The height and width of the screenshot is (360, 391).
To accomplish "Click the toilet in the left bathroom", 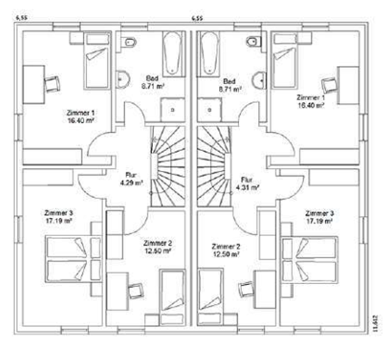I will pyautogui.click(x=129, y=43).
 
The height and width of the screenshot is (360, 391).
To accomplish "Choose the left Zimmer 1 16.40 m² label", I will pyautogui.click(x=82, y=116).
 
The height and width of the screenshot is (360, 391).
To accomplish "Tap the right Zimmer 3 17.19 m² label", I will pyautogui.click(x=319, y=216).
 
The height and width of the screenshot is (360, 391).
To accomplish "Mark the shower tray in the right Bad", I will pyautogui.click(x=212, y=109).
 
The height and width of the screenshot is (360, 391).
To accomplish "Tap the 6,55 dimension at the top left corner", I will pyautogui.click(x=22, y=18).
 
